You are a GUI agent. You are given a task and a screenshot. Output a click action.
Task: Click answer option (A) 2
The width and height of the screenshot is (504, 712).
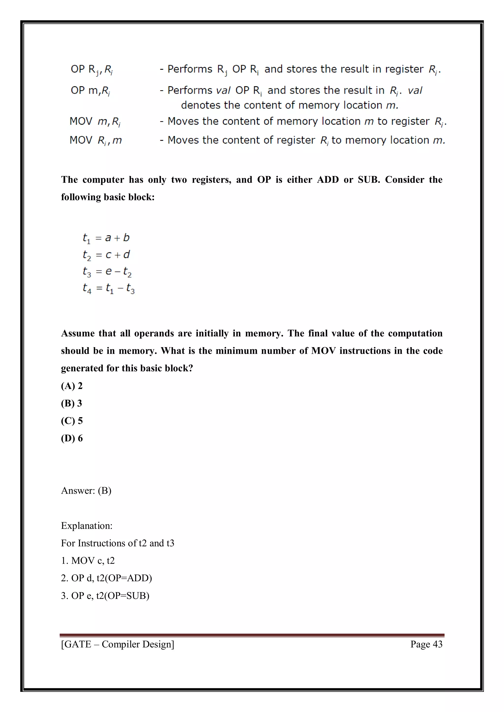pyautogui.click(x=72, y=386)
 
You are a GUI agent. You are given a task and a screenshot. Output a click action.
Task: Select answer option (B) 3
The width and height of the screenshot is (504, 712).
pyautogui.click(x=71, y=403)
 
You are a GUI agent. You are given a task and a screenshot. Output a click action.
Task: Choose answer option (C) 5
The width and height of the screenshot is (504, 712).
pyautogui.click(x=72, y=421)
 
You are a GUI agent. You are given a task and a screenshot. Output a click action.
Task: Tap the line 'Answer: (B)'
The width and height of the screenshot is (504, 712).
pyautogui.click(x=86, y=490)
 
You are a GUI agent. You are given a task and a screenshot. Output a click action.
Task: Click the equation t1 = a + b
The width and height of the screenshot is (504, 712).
pyautogui.click(x=106, y=238)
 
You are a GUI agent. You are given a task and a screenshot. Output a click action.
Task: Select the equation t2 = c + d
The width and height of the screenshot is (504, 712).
pyautogui.click(x=106, y=255)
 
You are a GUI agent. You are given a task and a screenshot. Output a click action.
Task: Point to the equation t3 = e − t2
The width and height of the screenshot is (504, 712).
pyautogui.click(x=107, y=272)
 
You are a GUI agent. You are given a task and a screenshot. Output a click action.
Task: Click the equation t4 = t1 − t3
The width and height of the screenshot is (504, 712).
pyautogui.click(x=109, y=289)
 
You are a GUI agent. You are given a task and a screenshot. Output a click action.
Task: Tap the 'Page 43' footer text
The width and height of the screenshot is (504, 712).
pyautogui.click(x=426, y=644)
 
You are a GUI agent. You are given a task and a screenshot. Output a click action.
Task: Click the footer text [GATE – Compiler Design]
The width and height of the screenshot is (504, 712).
pyautogui.click(x=118, y=644)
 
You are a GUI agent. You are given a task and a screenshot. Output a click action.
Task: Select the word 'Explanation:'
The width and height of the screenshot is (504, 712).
pyautogui.click(x=87, y=526)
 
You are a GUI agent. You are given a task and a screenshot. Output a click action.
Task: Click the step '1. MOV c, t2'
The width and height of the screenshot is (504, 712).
pyautogui.click(x=88, y=561)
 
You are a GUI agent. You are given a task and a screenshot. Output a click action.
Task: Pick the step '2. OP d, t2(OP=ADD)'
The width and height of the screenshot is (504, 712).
pyautogui.click(x=107, y=578)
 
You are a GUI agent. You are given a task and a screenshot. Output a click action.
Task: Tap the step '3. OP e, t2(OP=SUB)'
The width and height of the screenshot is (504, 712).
pyautogui.click(x=105, y=596)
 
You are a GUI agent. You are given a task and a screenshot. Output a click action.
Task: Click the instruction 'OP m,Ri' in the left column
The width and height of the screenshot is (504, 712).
pyautogui.click(x=90, y=90)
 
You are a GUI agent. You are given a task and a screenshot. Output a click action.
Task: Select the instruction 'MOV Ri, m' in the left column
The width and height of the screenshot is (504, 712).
pyautogui.click(x=95, y=140)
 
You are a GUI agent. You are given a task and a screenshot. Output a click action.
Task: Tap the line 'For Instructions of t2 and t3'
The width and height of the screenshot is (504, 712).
pyautogui.click(x=118, y=543)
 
